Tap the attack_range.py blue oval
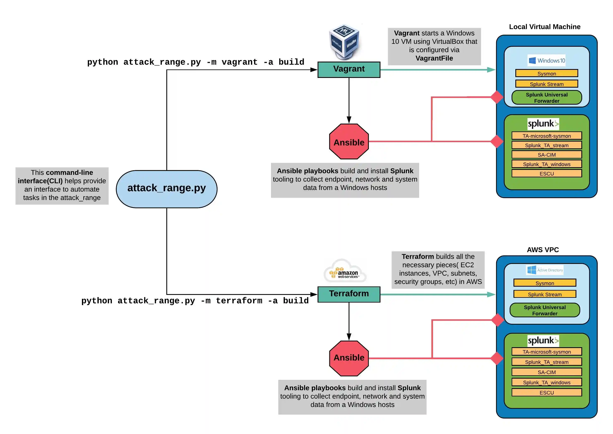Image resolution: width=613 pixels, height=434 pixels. (166, 189)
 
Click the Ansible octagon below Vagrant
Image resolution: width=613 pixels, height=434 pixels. (349, 142)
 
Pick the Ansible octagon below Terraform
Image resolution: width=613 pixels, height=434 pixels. (349, 358)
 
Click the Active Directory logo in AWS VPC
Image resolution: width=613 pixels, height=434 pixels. (545, 270)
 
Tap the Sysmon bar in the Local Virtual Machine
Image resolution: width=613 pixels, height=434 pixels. (546, 73)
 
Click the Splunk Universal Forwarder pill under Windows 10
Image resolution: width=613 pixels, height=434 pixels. (546, 98)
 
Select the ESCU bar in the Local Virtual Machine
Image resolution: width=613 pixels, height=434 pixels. (546, 173)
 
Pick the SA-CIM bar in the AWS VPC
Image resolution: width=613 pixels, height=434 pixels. (546, 372)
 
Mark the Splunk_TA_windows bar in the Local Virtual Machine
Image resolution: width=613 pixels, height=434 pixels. (546, 164)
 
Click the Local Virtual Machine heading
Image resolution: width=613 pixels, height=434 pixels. (545, 27)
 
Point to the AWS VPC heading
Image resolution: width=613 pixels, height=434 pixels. (543, 250)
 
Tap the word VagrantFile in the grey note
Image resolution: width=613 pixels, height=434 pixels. (434, 58)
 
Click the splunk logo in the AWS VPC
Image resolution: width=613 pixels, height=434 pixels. (543, 340)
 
